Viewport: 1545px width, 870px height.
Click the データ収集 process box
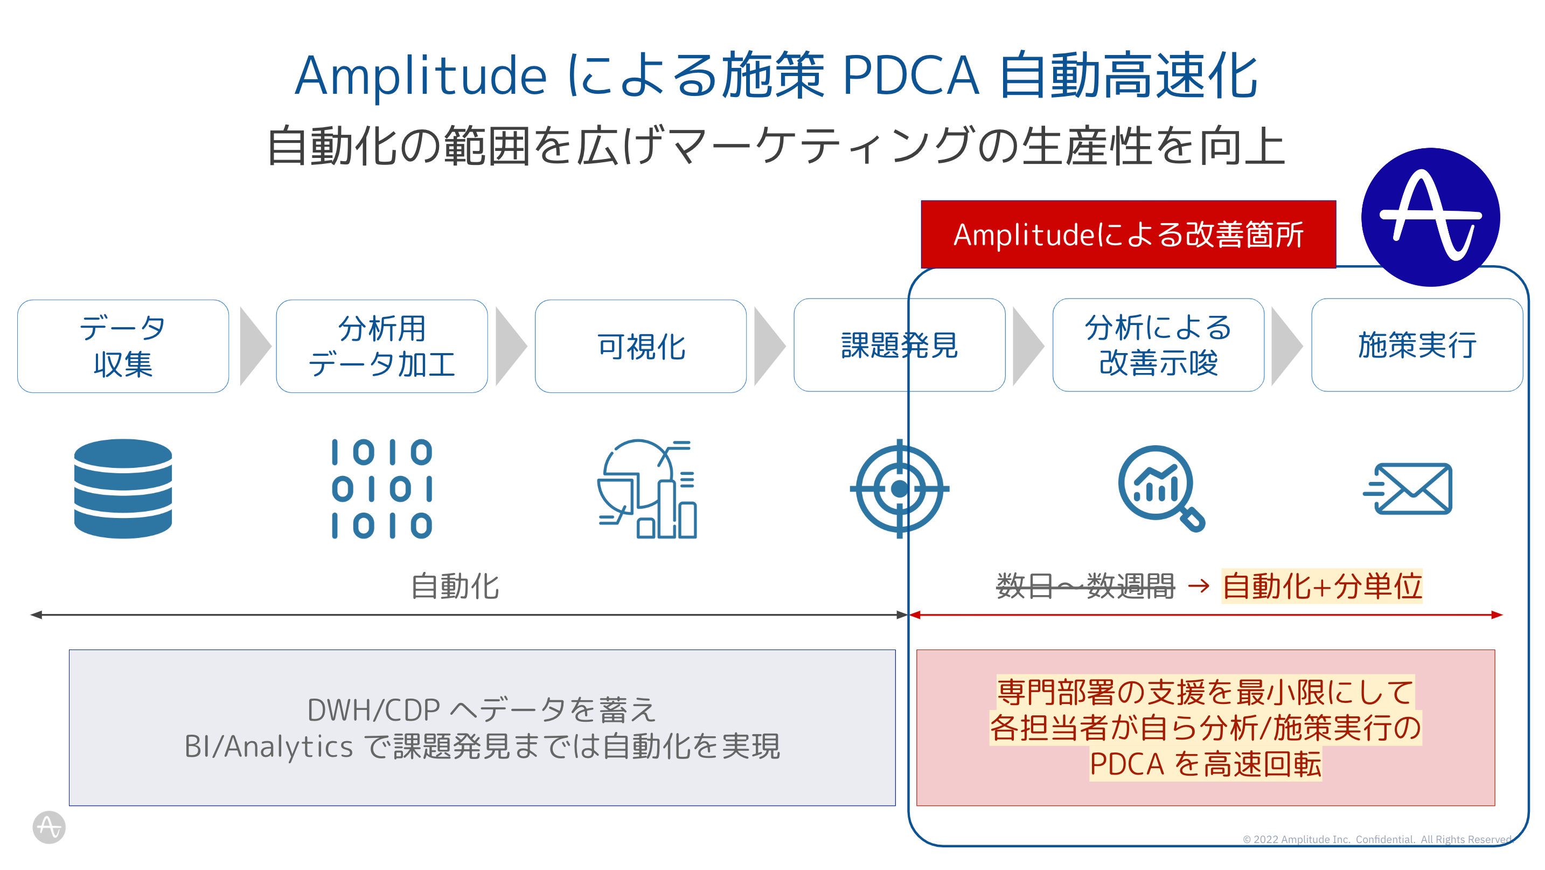(123, 346)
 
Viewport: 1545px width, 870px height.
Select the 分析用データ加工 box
(381, 346)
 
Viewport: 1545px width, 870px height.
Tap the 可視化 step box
(641, 346)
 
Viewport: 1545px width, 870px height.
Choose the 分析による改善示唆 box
(1158, 345)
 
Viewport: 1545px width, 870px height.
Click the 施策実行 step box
(1417, 345)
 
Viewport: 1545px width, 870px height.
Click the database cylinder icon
(123, 488)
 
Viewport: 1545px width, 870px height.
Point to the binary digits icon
(382, 488)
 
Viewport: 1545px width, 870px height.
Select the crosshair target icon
(899, 488)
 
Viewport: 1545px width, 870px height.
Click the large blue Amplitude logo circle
(1430, 217)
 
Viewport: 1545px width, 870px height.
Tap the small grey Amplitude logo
(48, 827)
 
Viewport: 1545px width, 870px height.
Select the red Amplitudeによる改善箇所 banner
(1128, 234)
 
